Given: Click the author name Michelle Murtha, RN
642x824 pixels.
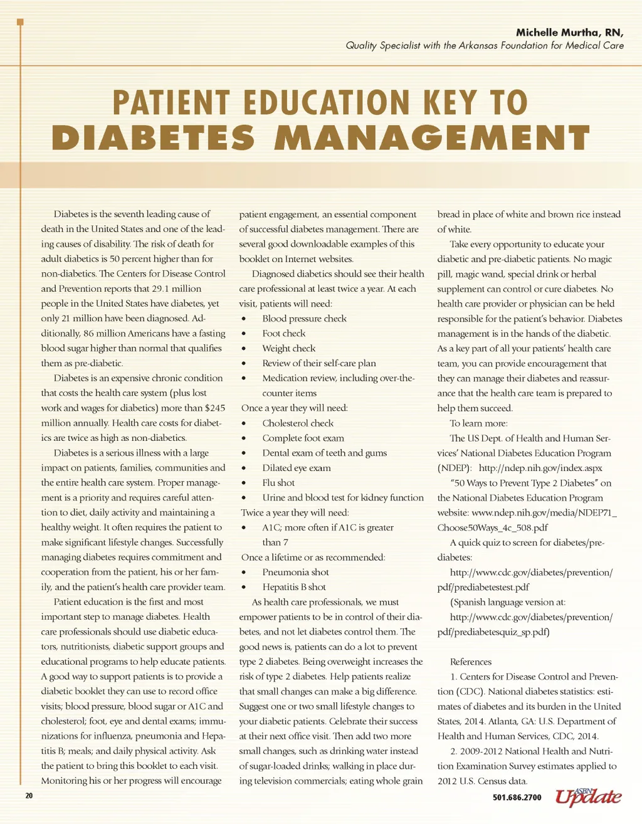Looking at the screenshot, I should click(569, 33).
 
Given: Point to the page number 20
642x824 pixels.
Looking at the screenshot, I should click(29, 796).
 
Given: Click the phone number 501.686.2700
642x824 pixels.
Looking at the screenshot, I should click(517, 797).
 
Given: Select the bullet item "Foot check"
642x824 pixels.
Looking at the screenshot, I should click(283, 334).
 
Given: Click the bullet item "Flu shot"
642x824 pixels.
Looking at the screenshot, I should click(278, 483).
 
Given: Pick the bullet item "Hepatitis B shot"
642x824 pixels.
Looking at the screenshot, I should click(294, 587).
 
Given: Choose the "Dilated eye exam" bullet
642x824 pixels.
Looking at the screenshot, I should click(296, 468).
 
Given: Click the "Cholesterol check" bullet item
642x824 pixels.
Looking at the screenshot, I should click(298, 423).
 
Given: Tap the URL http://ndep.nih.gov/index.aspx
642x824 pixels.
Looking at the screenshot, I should click(540, 468).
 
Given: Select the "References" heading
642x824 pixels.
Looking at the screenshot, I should click(470, 662).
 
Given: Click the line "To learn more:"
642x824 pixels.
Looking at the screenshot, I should click(478, 423).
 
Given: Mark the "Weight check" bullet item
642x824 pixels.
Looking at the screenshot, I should click(288, 349).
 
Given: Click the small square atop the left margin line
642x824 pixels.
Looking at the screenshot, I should click(20, 23).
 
